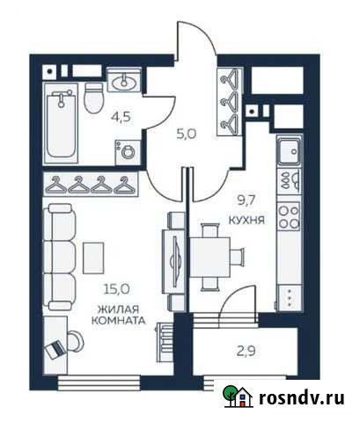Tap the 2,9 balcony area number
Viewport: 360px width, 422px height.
point(248,354)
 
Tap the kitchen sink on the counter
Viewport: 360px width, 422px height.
point(287,154)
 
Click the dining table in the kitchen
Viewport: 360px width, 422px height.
point(212,255)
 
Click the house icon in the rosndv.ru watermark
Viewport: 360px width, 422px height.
point(235,397)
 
